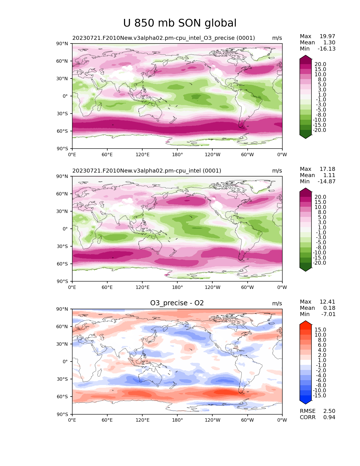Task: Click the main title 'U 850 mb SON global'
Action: pyautogui.click(x=180, y=23)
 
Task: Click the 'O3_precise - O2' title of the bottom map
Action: pyautogui.click(x=177, y=303)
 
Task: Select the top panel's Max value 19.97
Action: pyautogui.click(x=327, y=36)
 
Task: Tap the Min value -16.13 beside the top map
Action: pyautogui.click(x=326, y=49)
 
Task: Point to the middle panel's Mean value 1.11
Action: pyautogui.click(x=329, y=175)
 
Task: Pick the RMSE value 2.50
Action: pyautogui.click(x=329, y=411)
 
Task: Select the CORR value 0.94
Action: pyautogui.click(x=329, y=417)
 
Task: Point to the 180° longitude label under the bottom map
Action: pyautogui.click(x=177, y=420)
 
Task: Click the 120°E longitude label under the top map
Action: pyautogui.click(x=142, y=154)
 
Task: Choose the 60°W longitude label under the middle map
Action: pyautogui.click(x=247, y=287)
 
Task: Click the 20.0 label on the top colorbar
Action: pyautogui.click(x=320, y=64)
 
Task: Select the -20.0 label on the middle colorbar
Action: pyautogui.click(x=319, y=263)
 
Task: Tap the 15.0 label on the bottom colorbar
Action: pyautogui.click(x=320, y=330)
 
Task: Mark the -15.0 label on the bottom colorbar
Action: pyautogui.click(x=319, y=395)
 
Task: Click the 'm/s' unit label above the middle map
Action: pyautogui.click(x=277, y=171)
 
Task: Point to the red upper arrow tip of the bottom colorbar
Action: pyautogui.click(x=306, y=322)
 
